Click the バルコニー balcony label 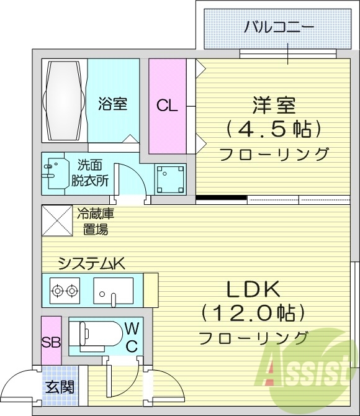click(x=277, y=27)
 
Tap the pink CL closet click(x=166, y=105)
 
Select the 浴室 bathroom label click(x=112, y=103)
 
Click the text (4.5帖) click(x=273, y=129)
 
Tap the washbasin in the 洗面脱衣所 click(x=55, y=173)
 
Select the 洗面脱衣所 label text click(x=92, y=173)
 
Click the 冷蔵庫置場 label click(x=96, y=222)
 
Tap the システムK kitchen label click(x=91, y=263)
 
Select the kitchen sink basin click(x=114, y=289)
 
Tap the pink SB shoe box click(x=51, y=341)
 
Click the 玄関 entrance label click(x=60, y=387)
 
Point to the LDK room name click(x=253, y=289)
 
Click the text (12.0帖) click(x=253, y=312)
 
